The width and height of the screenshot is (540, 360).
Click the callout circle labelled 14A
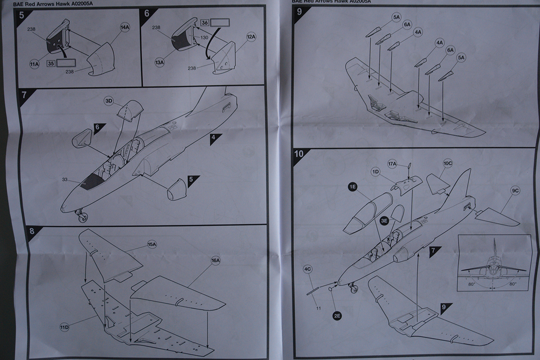coord(125,27)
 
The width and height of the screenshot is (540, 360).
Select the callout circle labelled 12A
coord(251,36)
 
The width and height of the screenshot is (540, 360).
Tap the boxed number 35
coord(51,63)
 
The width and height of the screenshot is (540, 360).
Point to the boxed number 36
coord(204,22)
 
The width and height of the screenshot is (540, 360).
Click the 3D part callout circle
coord(108,100)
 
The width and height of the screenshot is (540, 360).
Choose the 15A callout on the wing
coord(151,244)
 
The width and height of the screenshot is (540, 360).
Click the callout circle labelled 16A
coord(215,260)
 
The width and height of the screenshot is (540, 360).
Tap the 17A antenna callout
coord(392,163)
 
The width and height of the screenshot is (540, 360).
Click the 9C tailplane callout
coord(515,191)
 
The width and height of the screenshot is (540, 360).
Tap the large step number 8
coord(31,231)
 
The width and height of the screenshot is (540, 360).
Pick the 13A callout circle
coord(159,63)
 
